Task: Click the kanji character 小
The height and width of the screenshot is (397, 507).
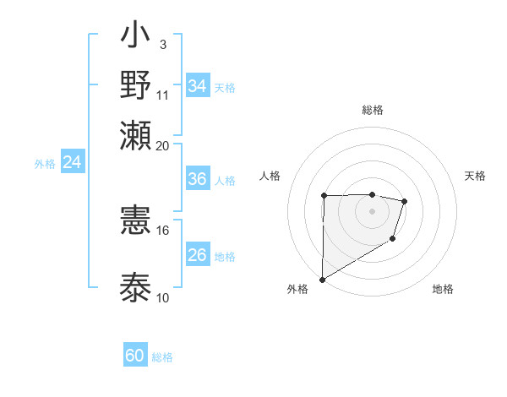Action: point(136,38)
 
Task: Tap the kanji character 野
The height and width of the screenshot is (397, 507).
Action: point(136,85)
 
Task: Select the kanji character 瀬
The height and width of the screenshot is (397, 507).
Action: point(136,135)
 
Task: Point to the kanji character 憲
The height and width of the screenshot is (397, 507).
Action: point(136,220)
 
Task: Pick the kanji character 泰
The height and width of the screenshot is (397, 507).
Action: point(136,286)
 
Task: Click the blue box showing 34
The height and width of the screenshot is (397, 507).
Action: point(198,86)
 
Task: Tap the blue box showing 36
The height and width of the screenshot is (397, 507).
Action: point(198,179)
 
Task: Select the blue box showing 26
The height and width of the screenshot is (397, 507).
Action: point(198,255)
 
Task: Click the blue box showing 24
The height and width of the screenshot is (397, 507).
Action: point(72,163)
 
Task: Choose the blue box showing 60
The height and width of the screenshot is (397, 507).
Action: point(135,356)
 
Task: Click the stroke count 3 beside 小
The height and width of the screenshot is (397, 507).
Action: point(162,44)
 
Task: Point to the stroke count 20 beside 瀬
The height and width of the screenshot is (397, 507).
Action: point(162,145)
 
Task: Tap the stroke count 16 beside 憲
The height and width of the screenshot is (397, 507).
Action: point(162,230)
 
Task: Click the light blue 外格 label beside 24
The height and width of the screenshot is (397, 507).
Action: point(45,164)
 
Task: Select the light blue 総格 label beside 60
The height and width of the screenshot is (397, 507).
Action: point(162,357)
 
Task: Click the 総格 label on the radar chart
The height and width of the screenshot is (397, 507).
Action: point(372,110)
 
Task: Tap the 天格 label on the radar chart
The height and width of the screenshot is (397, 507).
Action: point(475,176)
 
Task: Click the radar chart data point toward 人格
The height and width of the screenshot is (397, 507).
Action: point(324,196)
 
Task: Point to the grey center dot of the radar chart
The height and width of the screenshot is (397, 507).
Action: point(372,210)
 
